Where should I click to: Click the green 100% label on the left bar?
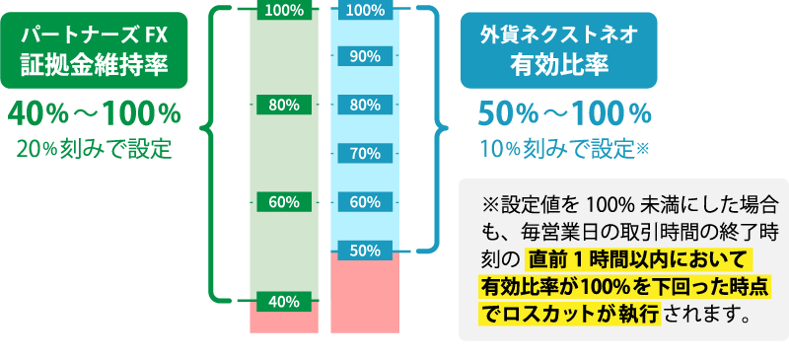[284, 10]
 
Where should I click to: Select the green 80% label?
[284, 105]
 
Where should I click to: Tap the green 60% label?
[284, 202]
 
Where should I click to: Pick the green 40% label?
[284, 300]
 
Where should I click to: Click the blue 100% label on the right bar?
[365, 10]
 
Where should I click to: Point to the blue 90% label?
[365, 56]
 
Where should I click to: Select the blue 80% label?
[365, 105]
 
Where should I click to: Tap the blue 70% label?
[365, 153]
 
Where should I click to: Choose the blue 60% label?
[365, 202]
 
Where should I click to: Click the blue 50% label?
[365, 251]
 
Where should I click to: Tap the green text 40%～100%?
[95, 112]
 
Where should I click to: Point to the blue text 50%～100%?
[564, 114]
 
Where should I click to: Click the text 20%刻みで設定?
[95, 150]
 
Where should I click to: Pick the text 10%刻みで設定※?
[564, 150]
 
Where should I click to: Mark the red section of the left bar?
[284, 321]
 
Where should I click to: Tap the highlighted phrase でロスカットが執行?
[568, 316]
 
